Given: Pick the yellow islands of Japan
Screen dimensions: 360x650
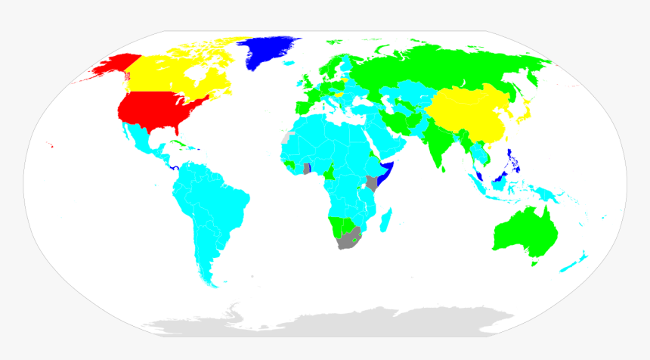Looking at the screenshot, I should tap(521, 111).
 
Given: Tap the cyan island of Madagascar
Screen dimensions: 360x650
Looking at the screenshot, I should tap(385, 220).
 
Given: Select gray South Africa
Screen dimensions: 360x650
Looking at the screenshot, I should tap(349, 241).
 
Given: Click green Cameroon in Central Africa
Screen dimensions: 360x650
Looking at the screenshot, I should tap(330, 173).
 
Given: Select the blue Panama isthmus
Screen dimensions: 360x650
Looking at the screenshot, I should tap(175, 167).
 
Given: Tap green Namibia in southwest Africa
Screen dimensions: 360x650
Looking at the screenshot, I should tap(335, 226).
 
